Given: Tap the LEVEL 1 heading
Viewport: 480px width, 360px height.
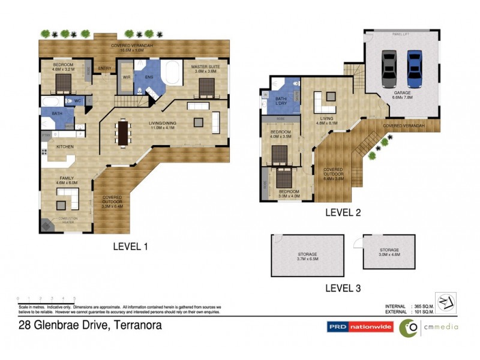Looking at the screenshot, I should tap(130, 246).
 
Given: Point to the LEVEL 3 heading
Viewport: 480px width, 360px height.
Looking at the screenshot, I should tap(343, 288).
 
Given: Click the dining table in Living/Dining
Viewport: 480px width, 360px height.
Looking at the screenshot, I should tap(124, 133).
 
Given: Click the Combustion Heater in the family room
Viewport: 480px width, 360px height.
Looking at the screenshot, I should tap(47, 224).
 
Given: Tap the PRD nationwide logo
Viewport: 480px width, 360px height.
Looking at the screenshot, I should tap(359, 327).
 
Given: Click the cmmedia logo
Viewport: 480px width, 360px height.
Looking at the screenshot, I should tap(429, 327).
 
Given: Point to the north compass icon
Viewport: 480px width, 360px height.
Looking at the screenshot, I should tap(445, 302).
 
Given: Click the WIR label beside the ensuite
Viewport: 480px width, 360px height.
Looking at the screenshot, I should tap(127, 77).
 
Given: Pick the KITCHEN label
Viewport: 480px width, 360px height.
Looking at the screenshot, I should tap(65, 146).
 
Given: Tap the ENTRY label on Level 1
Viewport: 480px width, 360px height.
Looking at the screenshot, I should tap(104, 68).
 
